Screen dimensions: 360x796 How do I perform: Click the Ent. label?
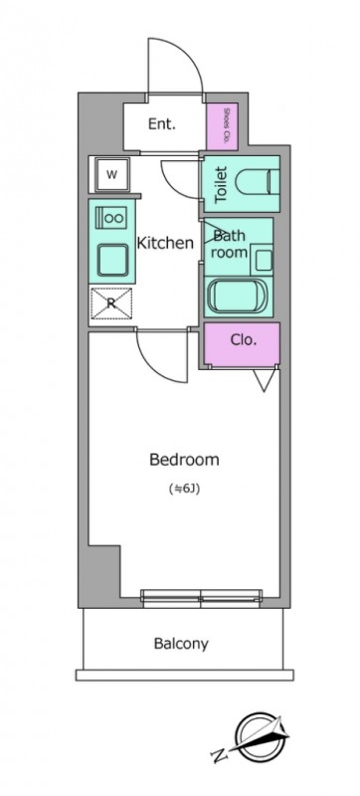pos(162,123)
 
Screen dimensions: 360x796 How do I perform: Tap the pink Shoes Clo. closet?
pos(222,126)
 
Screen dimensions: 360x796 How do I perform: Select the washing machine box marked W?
pos(112,175)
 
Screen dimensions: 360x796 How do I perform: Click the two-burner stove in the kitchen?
pos(110,218)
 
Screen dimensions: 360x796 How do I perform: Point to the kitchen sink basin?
pos(112,260)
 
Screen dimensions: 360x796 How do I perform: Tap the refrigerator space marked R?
pos(111,303)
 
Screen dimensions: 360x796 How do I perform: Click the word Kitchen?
pos(165,243)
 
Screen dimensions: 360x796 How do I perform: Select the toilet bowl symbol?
pos(258,184)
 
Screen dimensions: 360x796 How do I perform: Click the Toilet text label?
pos(222,185)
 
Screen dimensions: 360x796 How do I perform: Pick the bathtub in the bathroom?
pos(238,296)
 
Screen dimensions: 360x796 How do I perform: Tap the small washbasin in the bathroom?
pos(264,261)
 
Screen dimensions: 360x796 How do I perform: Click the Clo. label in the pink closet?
pos(244,340)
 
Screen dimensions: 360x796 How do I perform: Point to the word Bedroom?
pos(184,460)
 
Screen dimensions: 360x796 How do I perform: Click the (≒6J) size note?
pos(182,490)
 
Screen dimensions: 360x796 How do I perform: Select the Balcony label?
pos(181,644)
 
